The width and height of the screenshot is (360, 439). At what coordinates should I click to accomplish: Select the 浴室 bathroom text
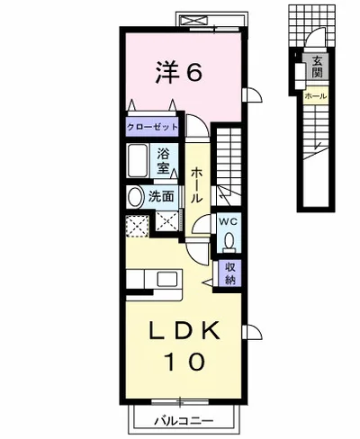point(164,159)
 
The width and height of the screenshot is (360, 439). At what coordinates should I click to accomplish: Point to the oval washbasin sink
point(135,198)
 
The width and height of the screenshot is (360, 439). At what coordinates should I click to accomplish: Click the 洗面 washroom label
point(163,195)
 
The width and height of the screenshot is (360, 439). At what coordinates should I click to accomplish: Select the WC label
point(228,221)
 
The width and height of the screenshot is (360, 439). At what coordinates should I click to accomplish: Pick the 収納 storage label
point(230,273)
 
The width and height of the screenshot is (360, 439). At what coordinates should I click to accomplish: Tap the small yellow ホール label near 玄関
point(316,94)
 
